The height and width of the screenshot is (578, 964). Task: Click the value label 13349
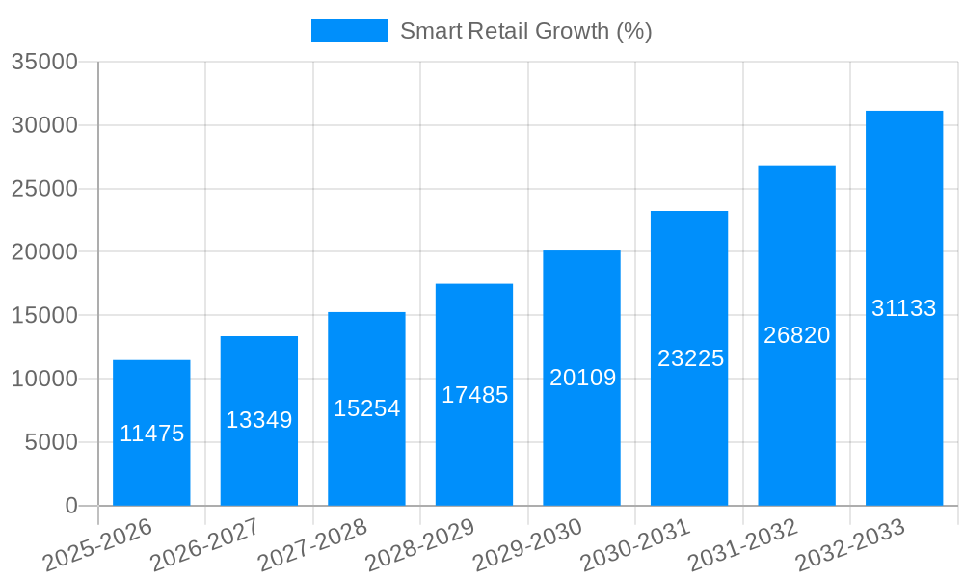pos(259,420)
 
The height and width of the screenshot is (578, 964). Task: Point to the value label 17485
pos(474,395)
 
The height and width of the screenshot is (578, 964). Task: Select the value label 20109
pos(582,378)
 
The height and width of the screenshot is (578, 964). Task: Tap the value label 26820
pos(796,335)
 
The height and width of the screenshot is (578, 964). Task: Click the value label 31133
pos(904,308)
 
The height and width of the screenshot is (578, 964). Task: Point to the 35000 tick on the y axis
pos(43,62)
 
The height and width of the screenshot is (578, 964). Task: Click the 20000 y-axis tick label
pos(43,252)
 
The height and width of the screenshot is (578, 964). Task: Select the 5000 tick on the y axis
pos(50,442)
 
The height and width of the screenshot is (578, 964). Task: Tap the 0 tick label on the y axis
pos(70,506)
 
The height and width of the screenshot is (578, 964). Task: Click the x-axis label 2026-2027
pos(204,545)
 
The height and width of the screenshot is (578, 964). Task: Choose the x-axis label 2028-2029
pos(420,545)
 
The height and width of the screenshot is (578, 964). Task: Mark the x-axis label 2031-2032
pos(743,545)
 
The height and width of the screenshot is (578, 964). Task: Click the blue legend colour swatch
pos(349,31)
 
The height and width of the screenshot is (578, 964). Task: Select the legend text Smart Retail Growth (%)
pos(525,31)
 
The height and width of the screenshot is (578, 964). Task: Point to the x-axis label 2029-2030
pos(527,545)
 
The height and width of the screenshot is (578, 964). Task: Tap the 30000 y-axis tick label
pos(43,125)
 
